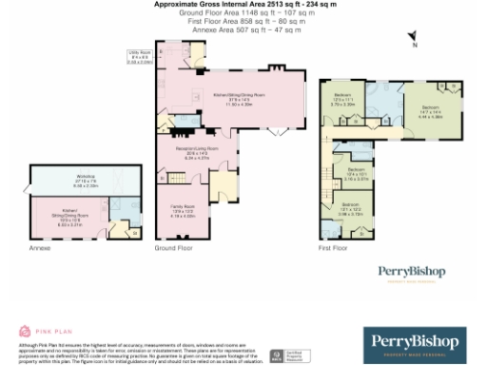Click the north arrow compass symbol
coord(414,39)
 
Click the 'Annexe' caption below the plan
coord(39,247)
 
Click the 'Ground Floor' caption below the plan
coord(173,247)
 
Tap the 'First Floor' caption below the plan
coord(334,247)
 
